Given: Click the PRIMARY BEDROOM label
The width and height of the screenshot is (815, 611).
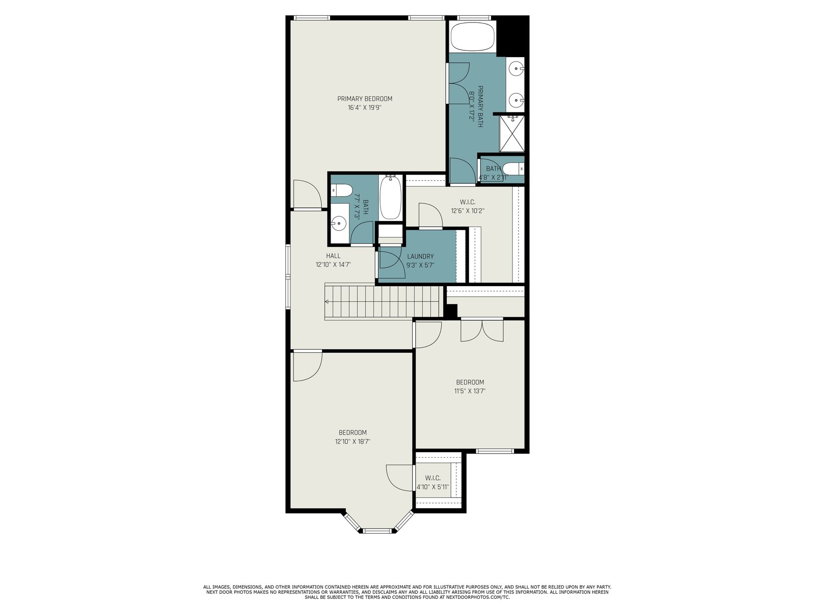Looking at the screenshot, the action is pyautogui.click(x=365, y=99).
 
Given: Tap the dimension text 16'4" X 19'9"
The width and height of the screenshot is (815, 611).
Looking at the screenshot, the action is pyautogui.click(x=365, y=108).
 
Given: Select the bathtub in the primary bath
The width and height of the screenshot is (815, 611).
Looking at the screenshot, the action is pyautogui.click(x=473, y=37).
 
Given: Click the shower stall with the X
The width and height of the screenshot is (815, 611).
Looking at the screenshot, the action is pyautogui.click(x=511, y=133).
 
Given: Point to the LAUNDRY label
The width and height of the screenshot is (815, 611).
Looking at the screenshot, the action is pyautogui.click(x=420, y=256).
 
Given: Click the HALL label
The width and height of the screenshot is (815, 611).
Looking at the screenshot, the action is pyautogui.click(x=334, y=256).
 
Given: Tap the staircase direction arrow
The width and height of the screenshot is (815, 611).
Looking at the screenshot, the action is pyautogui.click(x=327, y=301).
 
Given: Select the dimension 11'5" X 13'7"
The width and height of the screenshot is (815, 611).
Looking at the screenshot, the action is pyautogui.click(x=470, y=391).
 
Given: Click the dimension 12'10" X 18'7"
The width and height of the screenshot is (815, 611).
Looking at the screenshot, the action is pyautogui.click(x=352, y=441).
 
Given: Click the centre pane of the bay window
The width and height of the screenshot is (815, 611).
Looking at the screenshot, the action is pyautogui.click(x=377, y=531).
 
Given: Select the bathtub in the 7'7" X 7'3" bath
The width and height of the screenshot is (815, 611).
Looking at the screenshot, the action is pyautogui.click(x=391, y=198).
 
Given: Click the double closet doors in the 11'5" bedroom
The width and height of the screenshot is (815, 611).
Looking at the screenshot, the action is pyautogui.click(x=482, y=330).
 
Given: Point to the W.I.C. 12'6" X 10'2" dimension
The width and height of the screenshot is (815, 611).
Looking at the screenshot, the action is pyautogui.click(x=468, y=211).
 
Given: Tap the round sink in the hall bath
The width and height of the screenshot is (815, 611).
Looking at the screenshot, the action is pyautogui.click(x=339, y=224).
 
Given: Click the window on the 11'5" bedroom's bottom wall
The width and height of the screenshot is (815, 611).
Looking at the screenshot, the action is pyautogui.click(x=495, y=451).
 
